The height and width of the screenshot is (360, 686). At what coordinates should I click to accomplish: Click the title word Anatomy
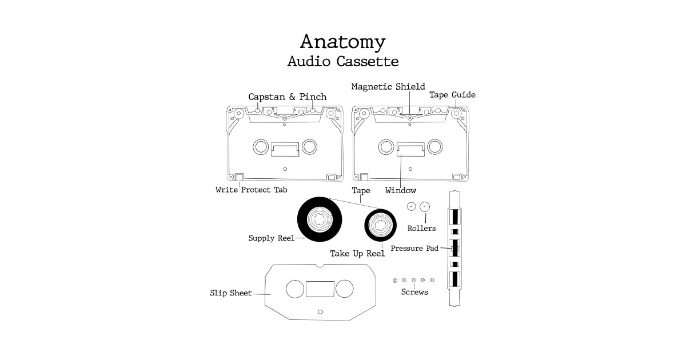[x=343, y=42]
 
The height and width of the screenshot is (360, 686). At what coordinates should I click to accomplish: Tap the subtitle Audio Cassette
[x=343, y=61]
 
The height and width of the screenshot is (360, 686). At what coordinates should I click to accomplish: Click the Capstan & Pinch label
[x=287, y=97]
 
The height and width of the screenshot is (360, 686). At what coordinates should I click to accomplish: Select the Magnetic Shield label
[x=388, y=87]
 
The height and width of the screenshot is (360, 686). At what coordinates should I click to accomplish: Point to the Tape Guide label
[x=452, y=95]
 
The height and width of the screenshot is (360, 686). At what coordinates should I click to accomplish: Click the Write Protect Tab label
[x=251, y=190]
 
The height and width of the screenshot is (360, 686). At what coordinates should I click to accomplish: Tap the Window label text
[x=400, y=190]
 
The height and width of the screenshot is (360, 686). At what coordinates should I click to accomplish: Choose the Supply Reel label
[x=271, y=238]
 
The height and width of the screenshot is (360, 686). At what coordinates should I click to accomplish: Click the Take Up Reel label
[x=357, y=253]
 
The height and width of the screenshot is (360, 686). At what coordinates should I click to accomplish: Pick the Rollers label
[x=421, y=229]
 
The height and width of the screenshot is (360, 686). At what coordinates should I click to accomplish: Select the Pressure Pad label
[x=414, y=249]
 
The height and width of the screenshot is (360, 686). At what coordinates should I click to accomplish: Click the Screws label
[x=414, y=292]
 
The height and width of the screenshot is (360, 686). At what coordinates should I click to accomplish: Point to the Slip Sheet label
[x=231, y=294]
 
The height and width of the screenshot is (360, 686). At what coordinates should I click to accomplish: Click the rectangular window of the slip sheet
[x=320, y=289]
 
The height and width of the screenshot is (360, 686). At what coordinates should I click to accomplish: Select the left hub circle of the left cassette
[x=261, y=147]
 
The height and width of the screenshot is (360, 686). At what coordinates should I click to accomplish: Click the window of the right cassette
[x=410, y=149]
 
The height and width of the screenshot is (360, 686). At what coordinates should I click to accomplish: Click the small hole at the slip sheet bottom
[x=320, y=311]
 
